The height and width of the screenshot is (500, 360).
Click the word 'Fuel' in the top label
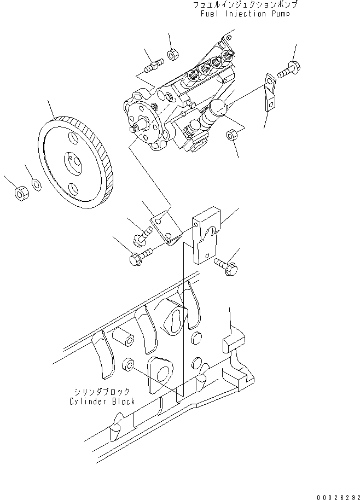(211, 14)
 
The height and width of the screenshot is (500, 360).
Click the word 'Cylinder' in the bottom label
(88, 402)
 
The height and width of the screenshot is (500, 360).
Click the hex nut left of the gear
(20, 193)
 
